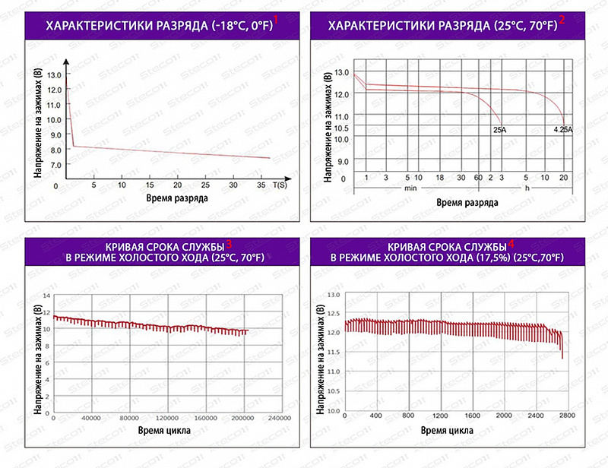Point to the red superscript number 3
pyautogui.click(x=230, y=243)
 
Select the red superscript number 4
pyautogui.click(x=511, y=243)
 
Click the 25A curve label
pyautogui.click(x=499, y=131)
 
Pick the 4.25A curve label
pyautogui.click(x=563, y=131)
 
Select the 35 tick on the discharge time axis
pyautogui.click(x=260, y=185)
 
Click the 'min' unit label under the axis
pyautogui.click(x=410, y=188)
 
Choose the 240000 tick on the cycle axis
pyautogui.click(x=280, y=419)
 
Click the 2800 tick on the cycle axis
pyautogui.click(x=567, y=417)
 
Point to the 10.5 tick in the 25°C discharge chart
pyautogui.click(x=341, y=128)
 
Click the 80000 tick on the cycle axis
pyautogui.click(x=128, y=419)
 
